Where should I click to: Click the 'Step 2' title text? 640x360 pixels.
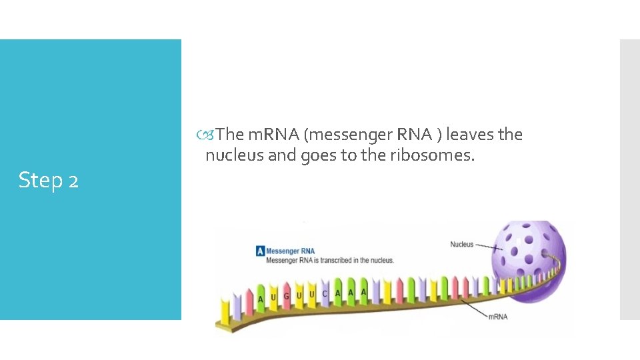pyautogui.click(x=49, y=180)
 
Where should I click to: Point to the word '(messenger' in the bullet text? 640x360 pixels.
pyautogui.click(x=348, y=135)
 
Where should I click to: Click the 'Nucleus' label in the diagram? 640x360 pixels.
pyautogui.click(x=461, y=245)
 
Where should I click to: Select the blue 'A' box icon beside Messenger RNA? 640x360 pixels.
pyautogui.click(x=260, y=251)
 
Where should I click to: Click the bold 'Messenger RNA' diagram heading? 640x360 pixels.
pyautogui.click(x=291, y=251)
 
